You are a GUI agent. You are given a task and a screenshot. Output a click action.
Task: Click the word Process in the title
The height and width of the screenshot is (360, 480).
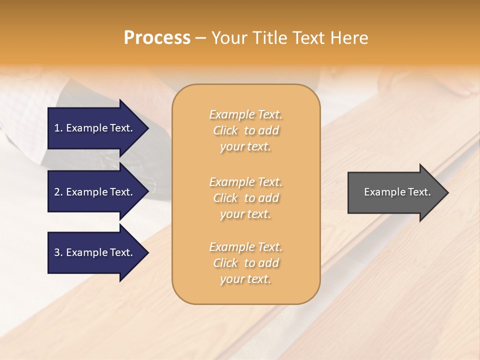pos(157,38)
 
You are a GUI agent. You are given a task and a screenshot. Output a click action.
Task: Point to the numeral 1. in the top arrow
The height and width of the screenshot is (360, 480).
pos(58,128)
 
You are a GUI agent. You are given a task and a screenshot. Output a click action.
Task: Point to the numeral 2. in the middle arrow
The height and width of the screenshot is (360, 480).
pos(58,192)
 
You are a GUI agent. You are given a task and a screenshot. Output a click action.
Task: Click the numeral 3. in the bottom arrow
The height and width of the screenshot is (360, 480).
pos(58,252)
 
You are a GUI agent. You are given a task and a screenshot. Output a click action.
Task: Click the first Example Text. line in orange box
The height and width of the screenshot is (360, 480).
pos(245,114)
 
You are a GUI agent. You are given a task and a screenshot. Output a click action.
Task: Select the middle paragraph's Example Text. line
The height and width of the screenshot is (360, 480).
pos(245,182)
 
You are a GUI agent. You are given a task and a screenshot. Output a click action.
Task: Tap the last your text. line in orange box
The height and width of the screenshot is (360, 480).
pos(245,279)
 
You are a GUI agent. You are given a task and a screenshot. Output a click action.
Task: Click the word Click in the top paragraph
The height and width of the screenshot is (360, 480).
pos(225,130)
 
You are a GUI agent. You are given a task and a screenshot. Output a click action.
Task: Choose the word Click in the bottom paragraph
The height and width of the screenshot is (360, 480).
pos(225,263)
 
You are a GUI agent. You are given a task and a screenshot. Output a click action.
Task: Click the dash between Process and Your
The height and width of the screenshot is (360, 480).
pos(201,38)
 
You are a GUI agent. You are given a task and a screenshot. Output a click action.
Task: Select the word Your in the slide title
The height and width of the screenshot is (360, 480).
pos(229,38)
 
